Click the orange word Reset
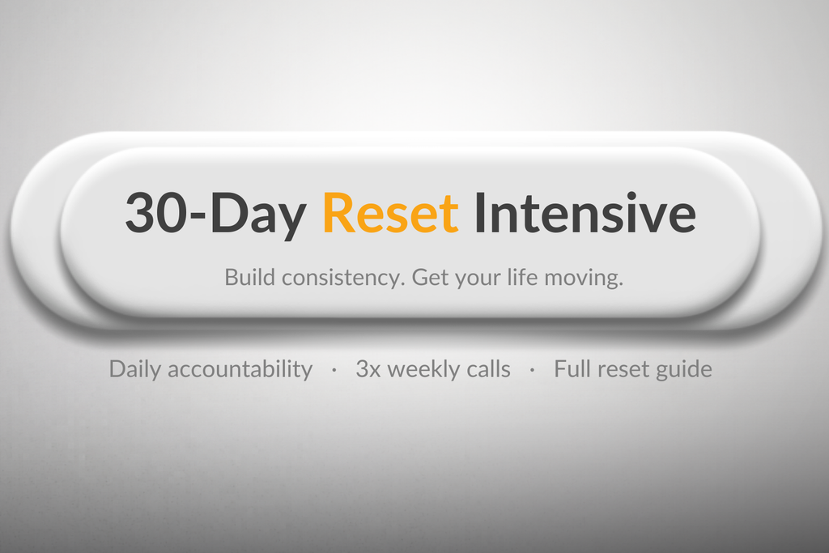pyautogui.click(x=390, y=213)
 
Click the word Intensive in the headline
pyautogui.click(x=585, y=213)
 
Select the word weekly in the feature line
pyautogui.click(x=426, y=369)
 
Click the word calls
pyautogui.click(x=490, y=369)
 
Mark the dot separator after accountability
pyautogui.click(x=334, y=370)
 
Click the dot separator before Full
pyautogui.click(x=532, y=370)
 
